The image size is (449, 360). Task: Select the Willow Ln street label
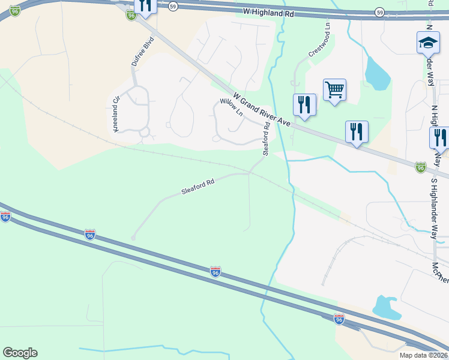tap(231, 107)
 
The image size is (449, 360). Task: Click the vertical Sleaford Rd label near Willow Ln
tap(266, 139)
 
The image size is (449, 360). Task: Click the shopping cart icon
tap(334, 90)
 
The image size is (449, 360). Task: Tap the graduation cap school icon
tap(428, 43)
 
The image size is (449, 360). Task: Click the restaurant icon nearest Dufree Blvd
tap(145, 5)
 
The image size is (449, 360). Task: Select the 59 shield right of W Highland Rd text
tap(379, 12)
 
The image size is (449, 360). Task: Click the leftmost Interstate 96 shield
tap(5, 217)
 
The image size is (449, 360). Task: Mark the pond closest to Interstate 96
tap(387, 307)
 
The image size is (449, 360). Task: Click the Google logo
tap(20, 353)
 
